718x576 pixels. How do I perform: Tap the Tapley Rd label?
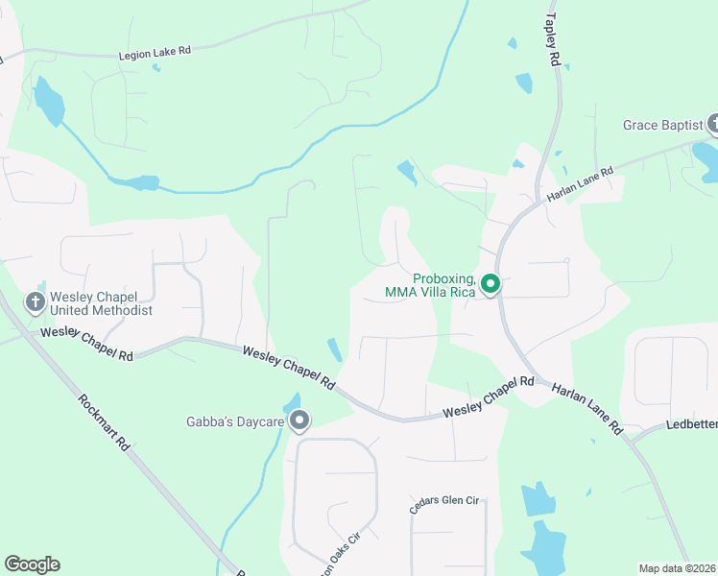click(552, 38)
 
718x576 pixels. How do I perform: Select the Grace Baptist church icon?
click(714, 124)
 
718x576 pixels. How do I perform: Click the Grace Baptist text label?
click(662, 125)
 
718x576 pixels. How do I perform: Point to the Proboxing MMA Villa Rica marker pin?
click(490, 284)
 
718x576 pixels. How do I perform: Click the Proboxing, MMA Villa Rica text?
click(430, 285)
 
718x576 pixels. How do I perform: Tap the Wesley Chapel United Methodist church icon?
click(36, 303)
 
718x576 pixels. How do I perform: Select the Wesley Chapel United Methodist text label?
click(102, 303)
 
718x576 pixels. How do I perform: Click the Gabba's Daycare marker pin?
click(299, 420)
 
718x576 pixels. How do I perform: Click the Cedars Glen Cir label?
click(443, 504)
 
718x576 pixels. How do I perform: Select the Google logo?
click(32, 564)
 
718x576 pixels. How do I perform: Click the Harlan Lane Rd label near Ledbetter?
click(587, 409)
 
